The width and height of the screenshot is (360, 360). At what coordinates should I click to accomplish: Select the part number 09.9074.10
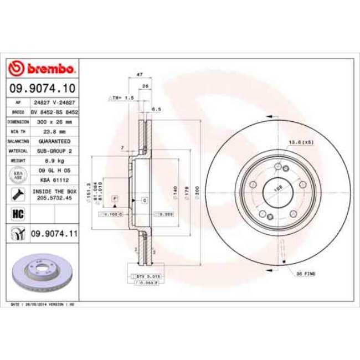click(42, 88)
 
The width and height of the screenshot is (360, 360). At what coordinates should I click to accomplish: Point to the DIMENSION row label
click(18, 121)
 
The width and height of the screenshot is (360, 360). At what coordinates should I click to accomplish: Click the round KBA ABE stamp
click(18, 176)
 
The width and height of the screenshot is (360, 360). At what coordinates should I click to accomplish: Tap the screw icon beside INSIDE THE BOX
click(18, 194)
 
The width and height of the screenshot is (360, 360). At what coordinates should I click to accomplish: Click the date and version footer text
click(43, 305)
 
